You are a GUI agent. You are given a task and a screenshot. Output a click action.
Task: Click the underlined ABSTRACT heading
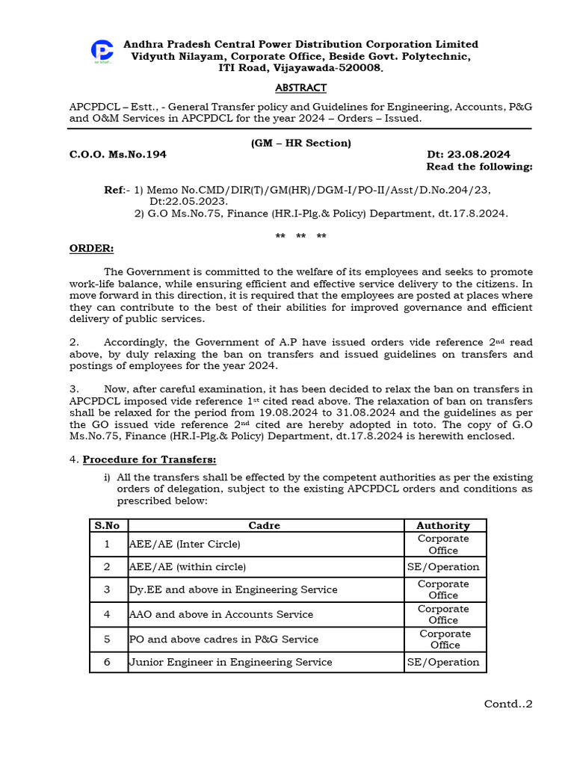(x=300, y=88)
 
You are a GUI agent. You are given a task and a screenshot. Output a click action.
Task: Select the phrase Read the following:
(x=479, y=167)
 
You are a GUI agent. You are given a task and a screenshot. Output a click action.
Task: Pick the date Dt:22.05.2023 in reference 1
(x=188, y=202)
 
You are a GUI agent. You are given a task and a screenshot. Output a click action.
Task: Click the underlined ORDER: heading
(x=92, y=248)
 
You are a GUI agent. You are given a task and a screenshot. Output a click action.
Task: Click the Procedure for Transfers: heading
(x=149, y=459)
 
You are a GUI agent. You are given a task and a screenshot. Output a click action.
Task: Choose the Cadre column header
(x=265, y=525)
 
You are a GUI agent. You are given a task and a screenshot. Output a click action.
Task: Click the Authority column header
(x=444, y=525)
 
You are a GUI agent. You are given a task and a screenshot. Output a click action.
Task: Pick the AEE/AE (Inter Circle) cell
(x=185, y=545)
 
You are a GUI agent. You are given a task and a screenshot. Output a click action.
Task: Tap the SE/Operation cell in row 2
(x=444, y=567)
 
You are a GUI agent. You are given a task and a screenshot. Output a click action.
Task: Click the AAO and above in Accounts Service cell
(x=221, y=614)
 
